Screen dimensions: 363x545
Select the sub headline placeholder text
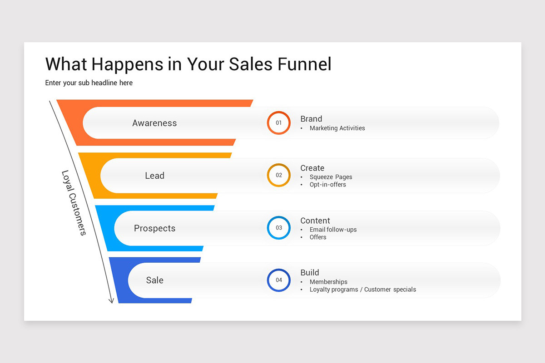coord(89,83)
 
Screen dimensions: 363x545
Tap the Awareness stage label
coord(154,123)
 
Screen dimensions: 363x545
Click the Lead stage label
coord(154,176)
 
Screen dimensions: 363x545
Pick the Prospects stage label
coord(154,228)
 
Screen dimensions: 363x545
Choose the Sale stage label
coord(154,280)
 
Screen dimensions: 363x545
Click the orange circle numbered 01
coord(278,123)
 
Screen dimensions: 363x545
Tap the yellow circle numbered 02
coord(278,175)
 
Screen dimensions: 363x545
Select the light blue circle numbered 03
coord(278,228)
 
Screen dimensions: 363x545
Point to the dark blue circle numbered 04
coord(278,280)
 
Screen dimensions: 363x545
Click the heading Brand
coord(311,119)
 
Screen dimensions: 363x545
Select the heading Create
coord(312,168)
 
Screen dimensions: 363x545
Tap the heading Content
coord(315,221)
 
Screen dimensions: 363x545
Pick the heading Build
coord(310,273)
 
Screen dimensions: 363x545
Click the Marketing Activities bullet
coord(337,128)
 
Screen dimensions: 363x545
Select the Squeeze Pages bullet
coord(331,177)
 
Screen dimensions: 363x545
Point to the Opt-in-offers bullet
coord(327,185)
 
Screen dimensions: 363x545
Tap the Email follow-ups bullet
coord(333,230)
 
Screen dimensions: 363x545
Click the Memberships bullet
coord(328,282)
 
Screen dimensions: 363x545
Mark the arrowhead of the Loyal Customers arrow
coord(111,300)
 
